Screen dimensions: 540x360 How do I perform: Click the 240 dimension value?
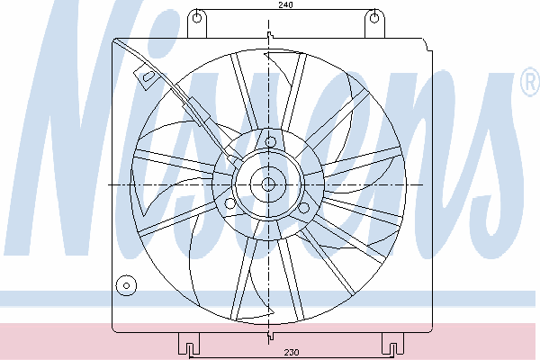pos(285,4)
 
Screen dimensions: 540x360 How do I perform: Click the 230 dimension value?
pos(292,352)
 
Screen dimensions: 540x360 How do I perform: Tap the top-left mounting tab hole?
pos(196,17)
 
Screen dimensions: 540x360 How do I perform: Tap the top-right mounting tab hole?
pos(374,17)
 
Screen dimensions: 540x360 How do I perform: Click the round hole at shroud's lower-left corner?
pos(126,285)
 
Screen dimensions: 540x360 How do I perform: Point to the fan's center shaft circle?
pos(268,184)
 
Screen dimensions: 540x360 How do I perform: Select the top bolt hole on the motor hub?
pos(270,142)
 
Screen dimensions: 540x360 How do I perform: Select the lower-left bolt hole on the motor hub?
pos(230,203)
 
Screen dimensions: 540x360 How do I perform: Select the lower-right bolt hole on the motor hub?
pos(304,208)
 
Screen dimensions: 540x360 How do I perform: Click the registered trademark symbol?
pos(531,82)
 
